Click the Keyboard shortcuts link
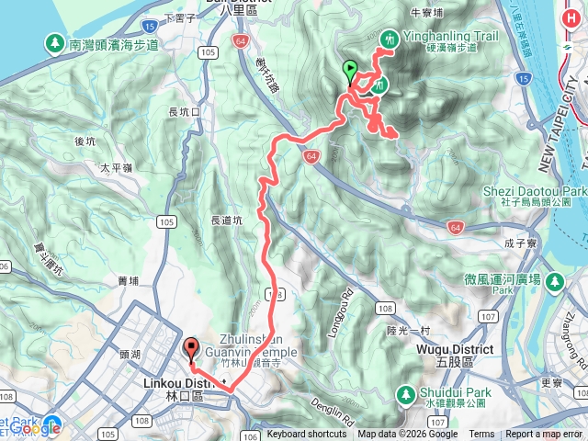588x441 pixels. click(x=307, y=435)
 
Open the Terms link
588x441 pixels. click(x=481, y=435)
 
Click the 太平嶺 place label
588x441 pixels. click(x=117, y=168)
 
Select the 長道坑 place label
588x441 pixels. click(x=227, y=220)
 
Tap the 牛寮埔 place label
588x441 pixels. click(x=426, y=13)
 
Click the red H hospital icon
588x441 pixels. click(x=553, y=281)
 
